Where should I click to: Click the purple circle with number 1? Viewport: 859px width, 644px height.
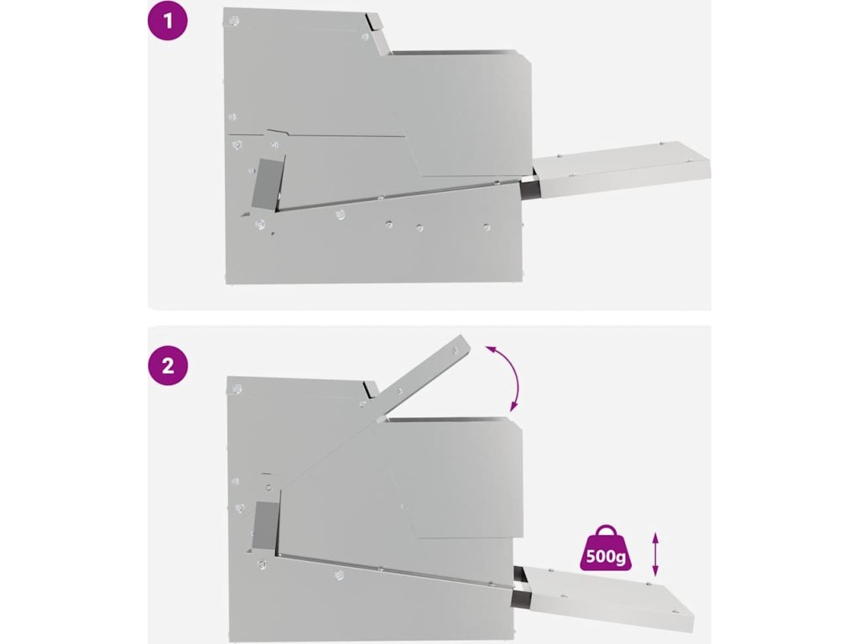tap(168, 21)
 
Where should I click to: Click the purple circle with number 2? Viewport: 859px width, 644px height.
tap(168, 366)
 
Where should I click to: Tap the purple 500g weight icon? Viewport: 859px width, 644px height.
tap(606, 548)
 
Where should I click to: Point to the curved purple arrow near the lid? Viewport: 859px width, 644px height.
tap(507, 377)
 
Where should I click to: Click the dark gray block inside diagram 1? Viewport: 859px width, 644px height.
tap(267, 186)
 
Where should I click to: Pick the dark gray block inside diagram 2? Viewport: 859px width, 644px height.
tap(266, 525)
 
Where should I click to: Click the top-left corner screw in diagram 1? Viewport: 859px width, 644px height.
tap(234, 21)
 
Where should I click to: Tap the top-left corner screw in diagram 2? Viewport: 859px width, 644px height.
tap(237, 389)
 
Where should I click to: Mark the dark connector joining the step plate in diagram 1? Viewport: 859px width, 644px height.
tap(528, 189)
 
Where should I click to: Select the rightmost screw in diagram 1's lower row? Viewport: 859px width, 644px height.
tap(487, 226)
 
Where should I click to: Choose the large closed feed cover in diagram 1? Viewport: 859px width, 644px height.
tap(461, 114)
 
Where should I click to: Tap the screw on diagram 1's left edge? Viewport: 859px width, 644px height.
tap(232, 117)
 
